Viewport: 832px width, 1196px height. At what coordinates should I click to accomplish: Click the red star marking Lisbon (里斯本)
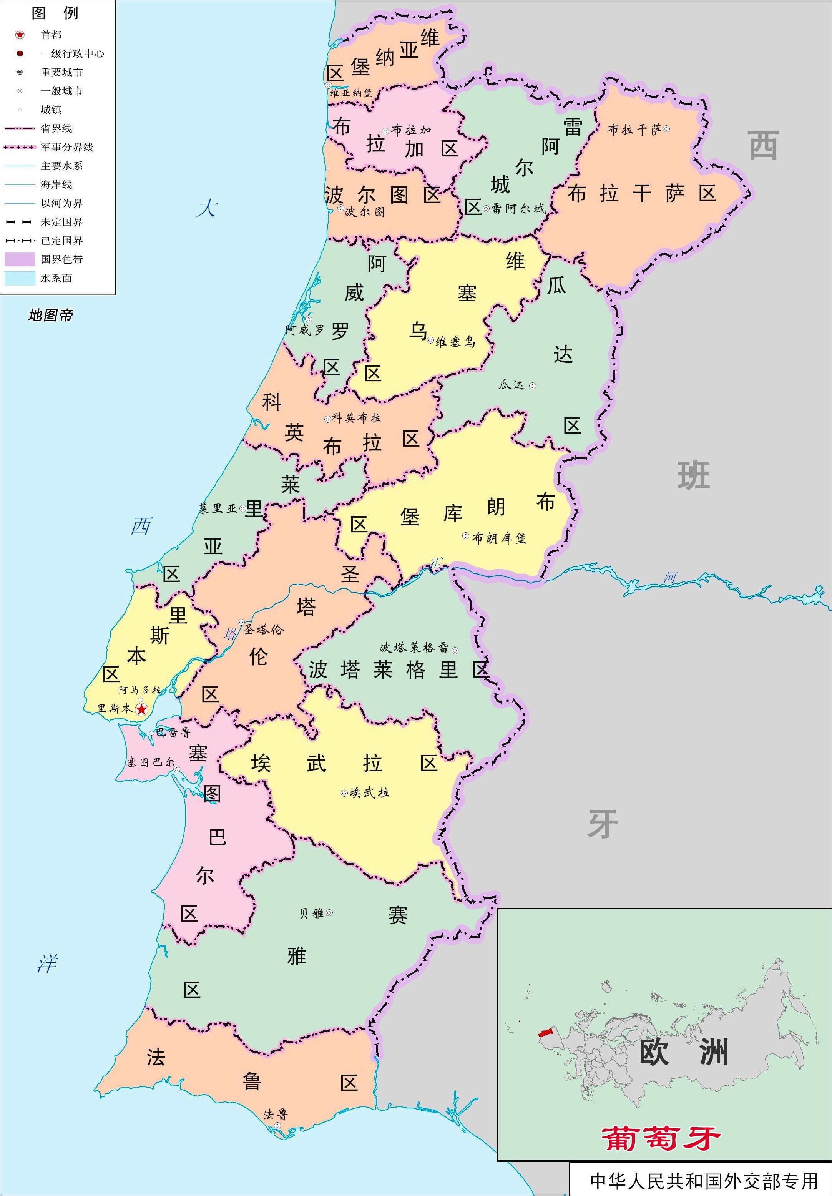pos(141,709)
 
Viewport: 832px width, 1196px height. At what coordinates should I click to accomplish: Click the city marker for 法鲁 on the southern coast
pos(277,1126)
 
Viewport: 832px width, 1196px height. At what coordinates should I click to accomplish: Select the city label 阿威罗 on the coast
pos(305,329)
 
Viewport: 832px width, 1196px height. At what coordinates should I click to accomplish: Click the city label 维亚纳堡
pos(350,93)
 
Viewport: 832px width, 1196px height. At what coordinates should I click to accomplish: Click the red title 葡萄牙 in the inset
pos(661,1138)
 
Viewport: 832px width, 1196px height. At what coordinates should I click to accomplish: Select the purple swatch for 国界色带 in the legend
pos(20,259)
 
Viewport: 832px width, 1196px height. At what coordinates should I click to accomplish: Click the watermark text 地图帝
pos(50,315)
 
